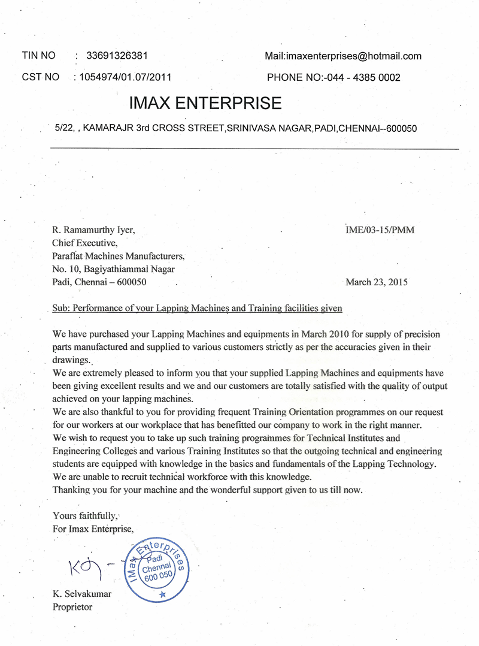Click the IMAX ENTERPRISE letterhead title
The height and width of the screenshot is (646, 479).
tap(205, 103)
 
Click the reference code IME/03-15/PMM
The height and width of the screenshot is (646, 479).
tap(380, 230)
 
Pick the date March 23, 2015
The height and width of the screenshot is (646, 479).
tap(377, 282)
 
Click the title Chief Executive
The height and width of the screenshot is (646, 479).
tap(84, 243)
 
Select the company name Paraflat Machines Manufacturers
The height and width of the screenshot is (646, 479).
tap(119, 256)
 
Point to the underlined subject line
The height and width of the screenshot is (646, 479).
tap(198, 309)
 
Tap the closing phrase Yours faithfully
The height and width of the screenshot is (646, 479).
tap(86, 515)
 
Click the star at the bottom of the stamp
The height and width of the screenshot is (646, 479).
tap(162, 594)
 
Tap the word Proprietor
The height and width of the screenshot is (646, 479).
tap(72, 607)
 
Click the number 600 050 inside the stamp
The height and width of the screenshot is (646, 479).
tap(157, 577)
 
